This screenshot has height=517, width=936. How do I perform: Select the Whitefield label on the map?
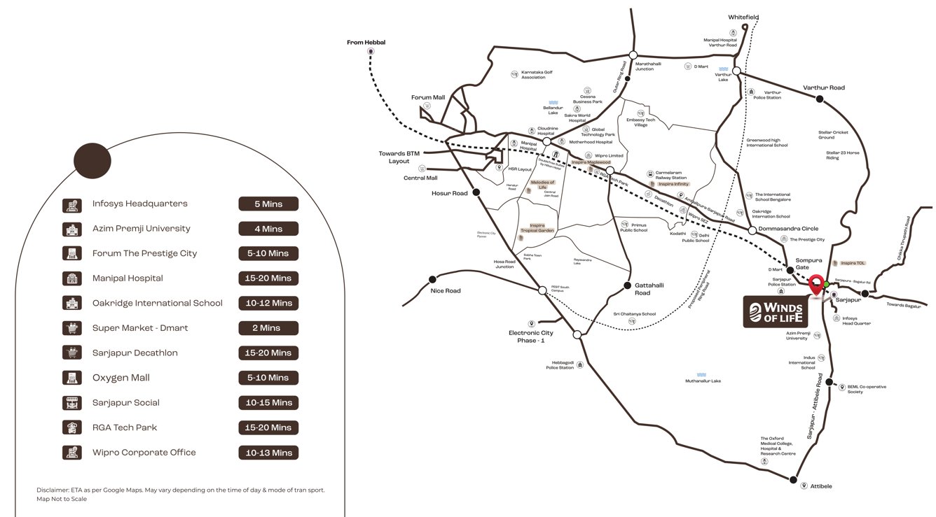tap(743, 17)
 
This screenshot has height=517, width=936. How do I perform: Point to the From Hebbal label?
tap(366, 43)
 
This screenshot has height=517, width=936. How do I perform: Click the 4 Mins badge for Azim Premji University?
tap(268, 229)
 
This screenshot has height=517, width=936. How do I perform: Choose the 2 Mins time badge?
tap(268, 328)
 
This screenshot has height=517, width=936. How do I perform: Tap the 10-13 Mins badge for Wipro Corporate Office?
tap(268, 453)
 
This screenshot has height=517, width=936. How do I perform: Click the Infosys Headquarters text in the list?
tap(140, 204)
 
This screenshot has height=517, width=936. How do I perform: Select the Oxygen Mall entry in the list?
tap(121, 378)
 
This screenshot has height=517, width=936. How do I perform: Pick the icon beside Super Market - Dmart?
tap(71, 328)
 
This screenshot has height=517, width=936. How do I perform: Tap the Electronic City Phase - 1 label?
tap(530, 337)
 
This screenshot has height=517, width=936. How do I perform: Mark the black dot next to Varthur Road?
tap(819, 99)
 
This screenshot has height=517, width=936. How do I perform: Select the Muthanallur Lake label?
tap(703, 381)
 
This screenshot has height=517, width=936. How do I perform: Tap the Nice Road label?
tap(446, 290)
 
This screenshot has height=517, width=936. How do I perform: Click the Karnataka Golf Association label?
tap(533, 74)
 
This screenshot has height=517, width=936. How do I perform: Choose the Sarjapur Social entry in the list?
tap(126, 403)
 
